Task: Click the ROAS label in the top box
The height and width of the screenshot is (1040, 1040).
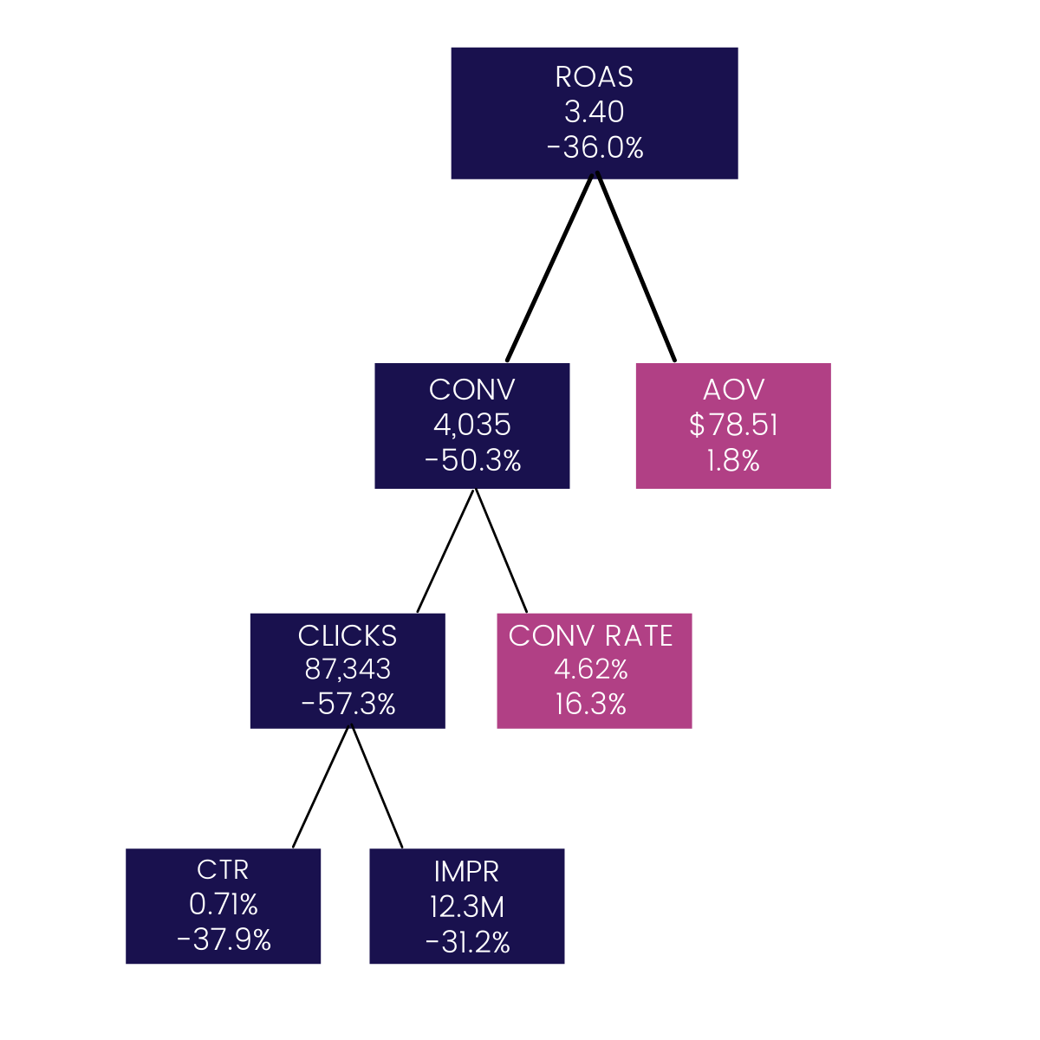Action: [595, 77]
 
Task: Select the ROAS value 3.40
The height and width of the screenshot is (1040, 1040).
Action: [595, 113]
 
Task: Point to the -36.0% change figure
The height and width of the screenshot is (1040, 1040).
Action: [595, 148]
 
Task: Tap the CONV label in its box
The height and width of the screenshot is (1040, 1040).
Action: [472, 390]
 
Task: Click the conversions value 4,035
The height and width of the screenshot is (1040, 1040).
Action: [472, 426]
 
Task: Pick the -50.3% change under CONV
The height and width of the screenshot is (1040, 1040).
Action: [472, 461]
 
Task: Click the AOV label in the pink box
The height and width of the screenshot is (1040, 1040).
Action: [733, 390]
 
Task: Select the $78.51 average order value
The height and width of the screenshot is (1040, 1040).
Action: [733, 426]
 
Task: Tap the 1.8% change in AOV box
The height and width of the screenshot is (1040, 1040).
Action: [733, 461]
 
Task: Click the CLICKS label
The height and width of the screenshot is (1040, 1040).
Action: [348, 636]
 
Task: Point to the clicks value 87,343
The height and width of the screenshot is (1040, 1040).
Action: [348, 670]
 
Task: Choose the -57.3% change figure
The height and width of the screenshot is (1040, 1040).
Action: [348, 705]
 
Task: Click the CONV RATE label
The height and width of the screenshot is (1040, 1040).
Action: [591, 636]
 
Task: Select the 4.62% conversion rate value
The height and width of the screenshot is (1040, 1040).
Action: [591, 670]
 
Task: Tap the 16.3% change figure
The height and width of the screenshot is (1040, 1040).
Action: [591, 705]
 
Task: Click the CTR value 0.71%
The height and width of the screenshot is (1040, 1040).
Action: [224, 905]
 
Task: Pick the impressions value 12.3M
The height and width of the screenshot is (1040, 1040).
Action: [467, 907]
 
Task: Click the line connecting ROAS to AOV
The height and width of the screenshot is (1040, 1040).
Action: [636, 268]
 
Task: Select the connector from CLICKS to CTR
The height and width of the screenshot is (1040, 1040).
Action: [322, 786]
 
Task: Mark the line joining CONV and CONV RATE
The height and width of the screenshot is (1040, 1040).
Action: [501, 550]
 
